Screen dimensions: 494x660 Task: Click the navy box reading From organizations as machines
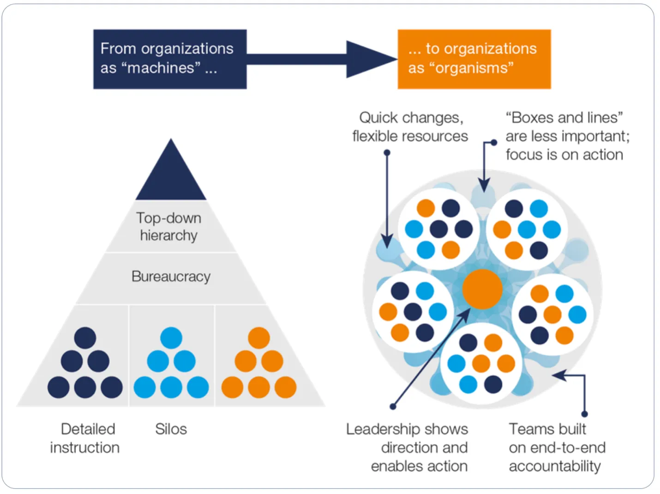tap(170, 59)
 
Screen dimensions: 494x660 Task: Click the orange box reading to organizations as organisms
tap(474, 59)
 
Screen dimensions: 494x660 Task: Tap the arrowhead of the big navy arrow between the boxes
tap(369, 59)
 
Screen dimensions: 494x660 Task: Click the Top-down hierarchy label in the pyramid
tap(169, 226)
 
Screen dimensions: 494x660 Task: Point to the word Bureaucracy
tap(171, 276)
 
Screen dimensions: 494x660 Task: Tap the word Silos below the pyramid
tap(171, 429)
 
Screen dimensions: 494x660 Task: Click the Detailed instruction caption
tap(85, 438)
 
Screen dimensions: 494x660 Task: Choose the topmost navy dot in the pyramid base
tap(85, 338)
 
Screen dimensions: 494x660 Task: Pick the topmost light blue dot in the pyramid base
tap(171, 338)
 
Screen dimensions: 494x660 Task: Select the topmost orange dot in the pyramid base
tap(259, 338)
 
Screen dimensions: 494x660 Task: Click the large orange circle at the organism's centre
tap(482, 289)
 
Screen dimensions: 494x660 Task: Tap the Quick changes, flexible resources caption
tap(410, 127)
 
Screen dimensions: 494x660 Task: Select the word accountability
tap(555, 466)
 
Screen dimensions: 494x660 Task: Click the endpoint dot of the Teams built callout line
tap(585, 414)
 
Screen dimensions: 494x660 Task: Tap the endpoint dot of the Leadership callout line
tap(393, 407)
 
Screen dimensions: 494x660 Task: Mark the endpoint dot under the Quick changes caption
tap(387, 152)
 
